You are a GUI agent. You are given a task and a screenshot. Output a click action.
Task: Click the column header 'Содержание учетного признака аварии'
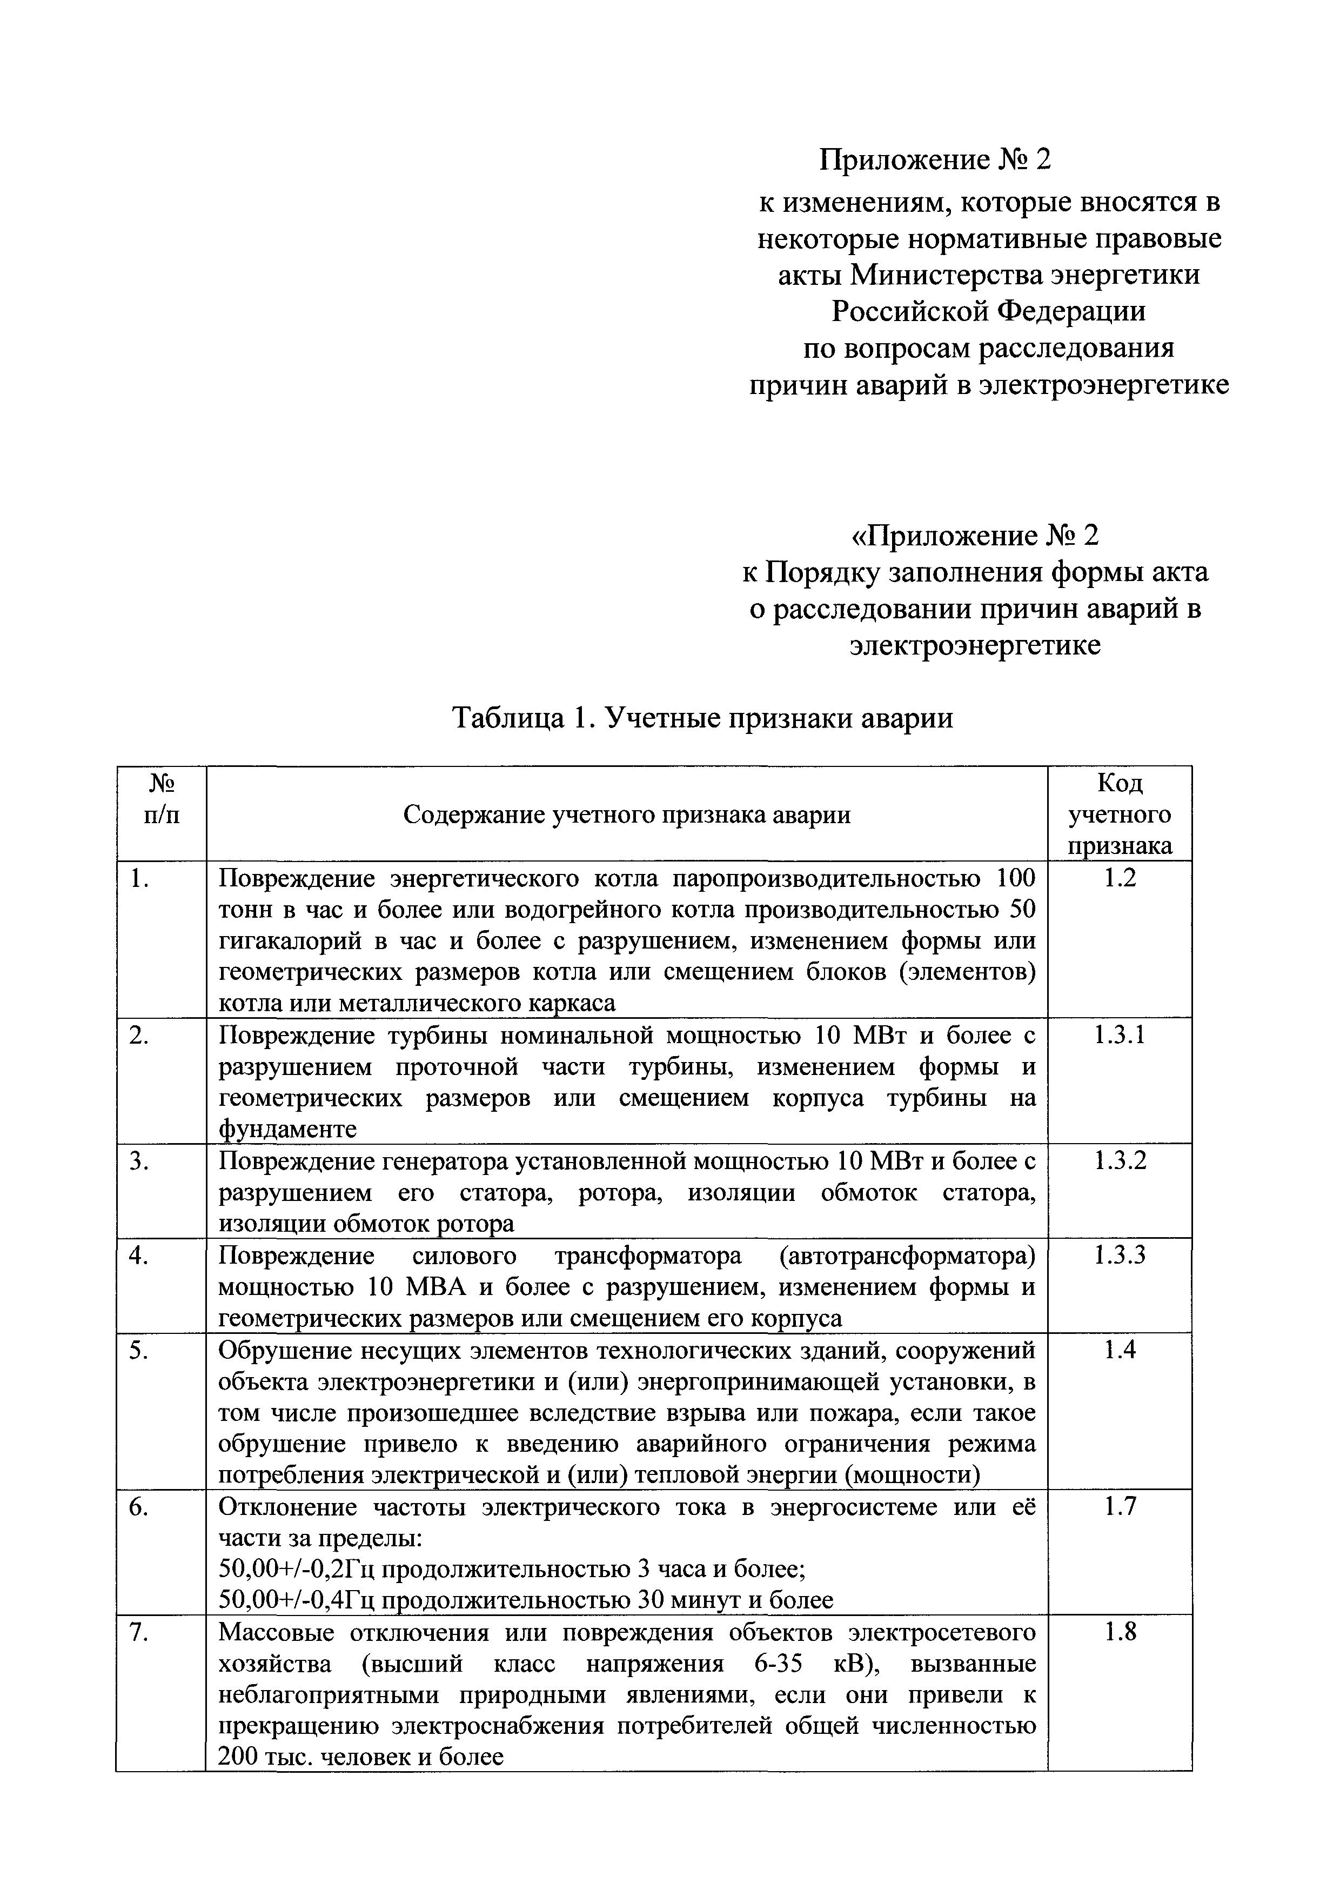coord(627,815)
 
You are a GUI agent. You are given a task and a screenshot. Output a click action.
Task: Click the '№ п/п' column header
coord(161,798)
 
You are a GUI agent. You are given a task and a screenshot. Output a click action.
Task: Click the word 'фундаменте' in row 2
coord(287,1129)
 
